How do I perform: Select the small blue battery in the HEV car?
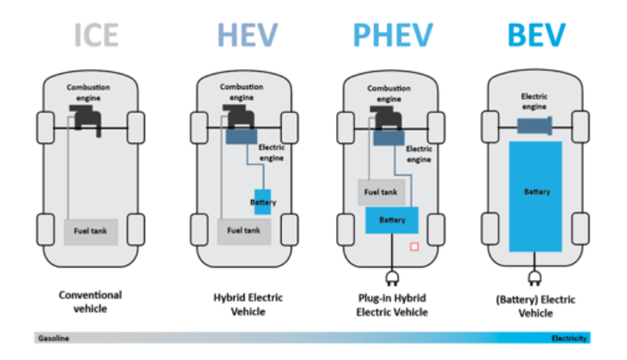(263, 202)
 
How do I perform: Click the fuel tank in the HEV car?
(244, 231)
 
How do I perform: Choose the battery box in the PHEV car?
(391, 221)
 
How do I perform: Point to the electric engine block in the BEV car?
(535, 126)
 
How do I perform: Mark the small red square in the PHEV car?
(412, 247)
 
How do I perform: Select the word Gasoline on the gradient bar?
(53, 338)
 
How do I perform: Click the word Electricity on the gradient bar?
(569, 338)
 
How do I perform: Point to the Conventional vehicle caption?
(90, 302)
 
